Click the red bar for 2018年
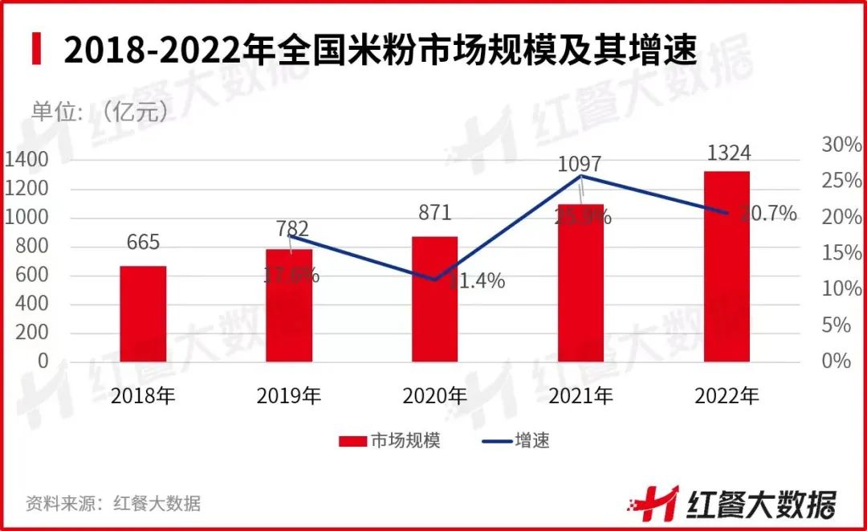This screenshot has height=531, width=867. tap(143, 313)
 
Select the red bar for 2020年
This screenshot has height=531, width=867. tap(434, 299)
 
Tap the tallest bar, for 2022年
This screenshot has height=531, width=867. tap(727, 266)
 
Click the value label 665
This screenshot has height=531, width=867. tap(143, 242)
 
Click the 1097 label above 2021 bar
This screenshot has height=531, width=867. tap(580, 163)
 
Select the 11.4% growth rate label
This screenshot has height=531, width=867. tap(477, 281)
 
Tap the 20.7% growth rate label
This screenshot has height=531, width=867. tap(768, 214)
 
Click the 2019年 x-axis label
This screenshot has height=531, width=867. tap(289, 396)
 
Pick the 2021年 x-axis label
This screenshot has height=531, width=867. tap(580, 396)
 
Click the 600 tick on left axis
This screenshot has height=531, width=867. tap(32, 276)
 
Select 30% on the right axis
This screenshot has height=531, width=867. tap(841, 145)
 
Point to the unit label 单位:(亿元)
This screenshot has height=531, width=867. tap(101, 111)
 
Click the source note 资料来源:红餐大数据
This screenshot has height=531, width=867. tap(113, 504)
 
